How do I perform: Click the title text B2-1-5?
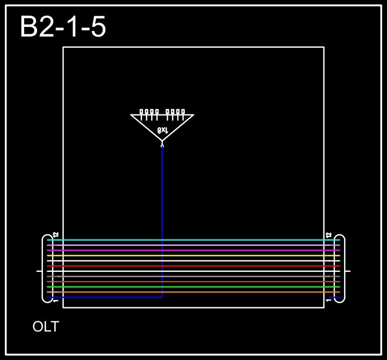tap(63, 27)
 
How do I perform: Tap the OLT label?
tap(46, 327)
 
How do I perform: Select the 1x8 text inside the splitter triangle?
tap(162, 130)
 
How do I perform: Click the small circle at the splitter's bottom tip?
tap(162, 145)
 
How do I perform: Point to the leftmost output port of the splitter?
tap(142, 112)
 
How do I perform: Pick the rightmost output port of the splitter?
tap(183, 112)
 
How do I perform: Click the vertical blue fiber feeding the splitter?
tap(162, 215)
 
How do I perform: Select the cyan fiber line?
tap(193, 240)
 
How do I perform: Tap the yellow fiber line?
tap(193, 255)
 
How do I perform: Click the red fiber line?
tap(193, 266)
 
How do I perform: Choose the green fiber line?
tap(193, 287)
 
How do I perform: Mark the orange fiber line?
tap(193, 292)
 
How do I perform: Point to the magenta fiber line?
tap(193, 250)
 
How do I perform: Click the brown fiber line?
tap(193, 282)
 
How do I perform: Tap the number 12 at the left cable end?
tap(55, 235)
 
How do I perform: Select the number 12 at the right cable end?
tap(328, 235)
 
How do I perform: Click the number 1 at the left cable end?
tap(55, 301)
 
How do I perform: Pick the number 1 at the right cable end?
tap(328, 301)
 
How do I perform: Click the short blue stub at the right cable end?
tap(334, 297)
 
